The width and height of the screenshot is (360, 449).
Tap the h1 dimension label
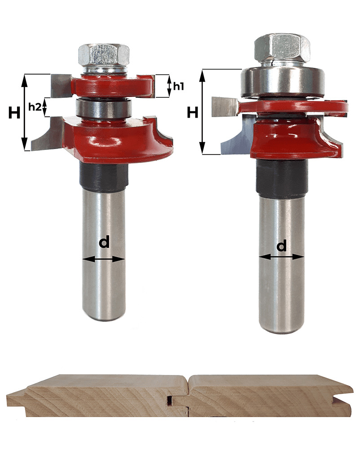(178, 86)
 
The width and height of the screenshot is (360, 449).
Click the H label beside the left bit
(14, 113)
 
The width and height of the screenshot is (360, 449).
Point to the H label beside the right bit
(192, 112)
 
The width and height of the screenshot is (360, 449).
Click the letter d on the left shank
(104, 242)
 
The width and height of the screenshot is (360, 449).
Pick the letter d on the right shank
(281, 246)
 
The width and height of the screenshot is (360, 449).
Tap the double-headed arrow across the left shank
(104, 259)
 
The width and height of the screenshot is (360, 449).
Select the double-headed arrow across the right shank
(281, 257)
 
